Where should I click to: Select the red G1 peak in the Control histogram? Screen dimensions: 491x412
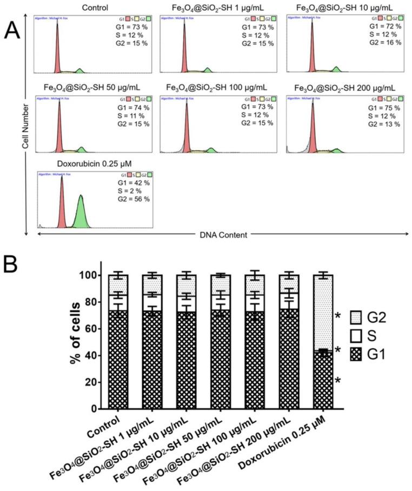click(x=57, y=49)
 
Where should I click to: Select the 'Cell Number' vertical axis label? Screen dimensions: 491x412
click(x=25, y=124)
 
